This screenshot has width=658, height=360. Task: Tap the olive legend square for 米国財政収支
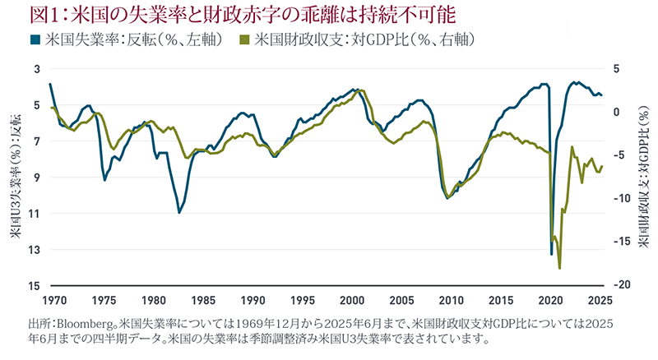[x=244, y=39]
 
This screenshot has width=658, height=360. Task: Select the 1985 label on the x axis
[x=206, y=300]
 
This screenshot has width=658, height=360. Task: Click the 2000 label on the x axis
[x=355, y=300]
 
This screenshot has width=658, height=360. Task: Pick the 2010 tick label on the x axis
[x=455, y=300]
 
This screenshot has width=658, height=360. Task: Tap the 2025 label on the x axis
[x=605, y=300]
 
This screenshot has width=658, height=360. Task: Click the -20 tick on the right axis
[x=626, y=284]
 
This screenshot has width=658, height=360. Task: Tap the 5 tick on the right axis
[x=622, y=69]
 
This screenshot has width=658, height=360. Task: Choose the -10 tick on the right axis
[x=626, y=198]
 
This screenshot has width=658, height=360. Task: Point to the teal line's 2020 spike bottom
[x=551, y=254]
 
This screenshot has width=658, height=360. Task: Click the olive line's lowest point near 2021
[x=559, y=268]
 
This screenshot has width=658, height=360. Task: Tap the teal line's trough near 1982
[x=179, y=212]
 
